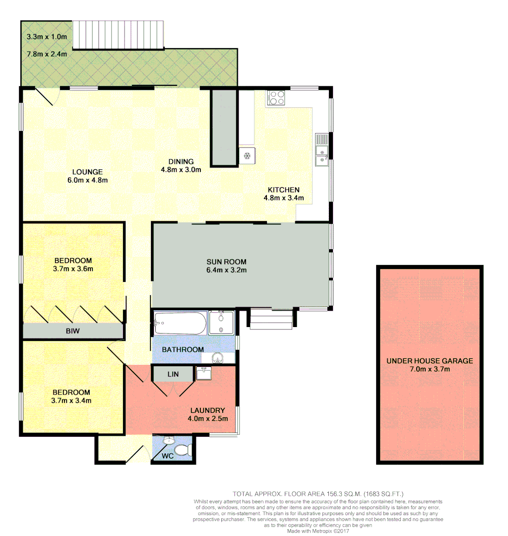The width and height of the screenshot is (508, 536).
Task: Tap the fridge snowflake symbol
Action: [247, 156]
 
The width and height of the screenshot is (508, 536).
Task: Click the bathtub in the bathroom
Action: [180, 323]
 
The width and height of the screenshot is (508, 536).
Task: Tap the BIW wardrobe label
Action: [72, 331]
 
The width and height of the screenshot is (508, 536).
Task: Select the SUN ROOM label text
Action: [226, 262]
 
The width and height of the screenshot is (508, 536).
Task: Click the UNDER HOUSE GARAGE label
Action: [430, 361]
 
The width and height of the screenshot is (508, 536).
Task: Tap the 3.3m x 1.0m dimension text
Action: [47, 37]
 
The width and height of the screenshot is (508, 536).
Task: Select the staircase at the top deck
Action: [118, 35]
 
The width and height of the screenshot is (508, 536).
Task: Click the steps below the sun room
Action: [270, 319]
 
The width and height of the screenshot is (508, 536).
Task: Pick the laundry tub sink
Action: [203, 373]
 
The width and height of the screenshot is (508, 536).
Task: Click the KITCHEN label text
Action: [283, 190]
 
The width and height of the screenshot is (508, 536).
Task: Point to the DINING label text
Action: [181, 161]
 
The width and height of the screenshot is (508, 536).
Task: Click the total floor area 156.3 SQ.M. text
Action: [318, 494]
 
